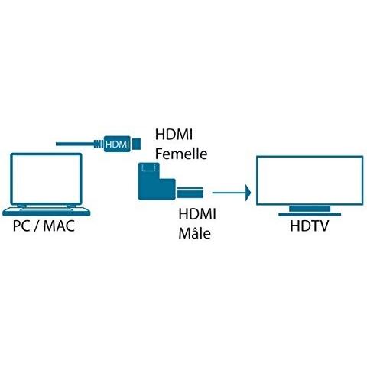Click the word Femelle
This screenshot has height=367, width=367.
click(181, 154)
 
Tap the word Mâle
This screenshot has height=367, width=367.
click(195, 233)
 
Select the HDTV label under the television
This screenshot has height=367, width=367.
click(310, 226)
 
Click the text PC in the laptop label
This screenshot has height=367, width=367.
click(22, 226)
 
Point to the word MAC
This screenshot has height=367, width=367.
click(59, 226)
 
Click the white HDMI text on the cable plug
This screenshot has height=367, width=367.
click(117, 145)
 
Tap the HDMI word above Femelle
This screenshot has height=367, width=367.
click(174, 134)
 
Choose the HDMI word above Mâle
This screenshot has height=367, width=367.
click(197, 213)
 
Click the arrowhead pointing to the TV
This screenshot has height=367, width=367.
click(248, 193)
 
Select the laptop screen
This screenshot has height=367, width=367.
click(46, 178)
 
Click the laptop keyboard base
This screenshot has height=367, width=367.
click(47, 211)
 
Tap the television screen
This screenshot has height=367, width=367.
click(310, 180)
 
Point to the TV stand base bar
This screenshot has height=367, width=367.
click(310, 215)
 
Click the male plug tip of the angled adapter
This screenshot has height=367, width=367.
click(190, 193)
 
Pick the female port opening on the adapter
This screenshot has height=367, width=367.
click(148, 167)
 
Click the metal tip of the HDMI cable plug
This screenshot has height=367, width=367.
click(137, 144)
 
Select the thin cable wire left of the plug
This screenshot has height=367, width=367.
click(75, 144)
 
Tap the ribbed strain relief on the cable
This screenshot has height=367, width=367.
click(99, 144)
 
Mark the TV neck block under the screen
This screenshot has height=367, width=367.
click(310, 209)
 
